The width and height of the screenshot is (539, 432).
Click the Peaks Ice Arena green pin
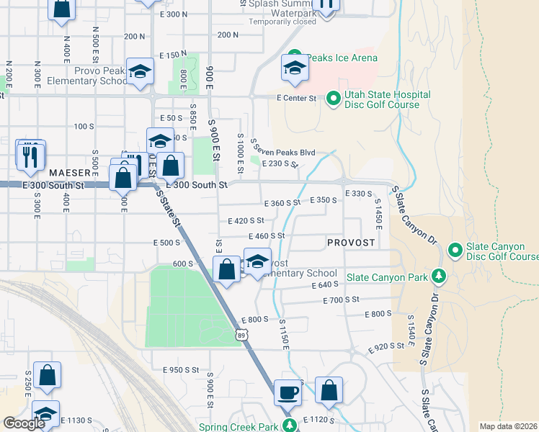pyautogui.click(x=294, y=58)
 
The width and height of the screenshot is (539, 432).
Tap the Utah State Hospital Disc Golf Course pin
pyautogui.click(x=333, y=99)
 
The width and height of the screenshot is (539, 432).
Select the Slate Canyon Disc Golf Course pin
pyautogui.click(x=455, y=251)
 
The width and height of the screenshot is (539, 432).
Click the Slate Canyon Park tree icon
pyautogui.click(x=438, y=276)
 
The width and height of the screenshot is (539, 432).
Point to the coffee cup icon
pyautogui.click(x=288, y=392)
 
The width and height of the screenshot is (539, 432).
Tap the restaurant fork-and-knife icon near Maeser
pyautogui.click(x=30, y=156)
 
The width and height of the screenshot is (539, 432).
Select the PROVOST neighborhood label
pyautogui.click(x=351, y=243)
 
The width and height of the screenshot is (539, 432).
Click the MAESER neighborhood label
pyautogui.click(x=69, y=173)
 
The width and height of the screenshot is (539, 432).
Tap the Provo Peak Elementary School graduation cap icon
pyautogui.click(x=140, y=71)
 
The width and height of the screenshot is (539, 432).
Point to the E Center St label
pyautogui.click(x=296, y=98)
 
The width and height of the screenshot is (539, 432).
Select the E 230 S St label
pyautogui.click(x=280, y=164)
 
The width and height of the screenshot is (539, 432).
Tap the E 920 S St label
pyautogui.click(x=386, y=348)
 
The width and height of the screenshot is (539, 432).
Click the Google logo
pyautogui.click(x=24, y=423)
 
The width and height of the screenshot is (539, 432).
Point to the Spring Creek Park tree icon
pyautogui.click(x=290, y=426)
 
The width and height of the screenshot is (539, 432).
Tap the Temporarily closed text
pyautogui.click(x=282, y=22)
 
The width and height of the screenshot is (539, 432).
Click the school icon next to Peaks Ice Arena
pyautogui.click(x=294, y=68)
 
